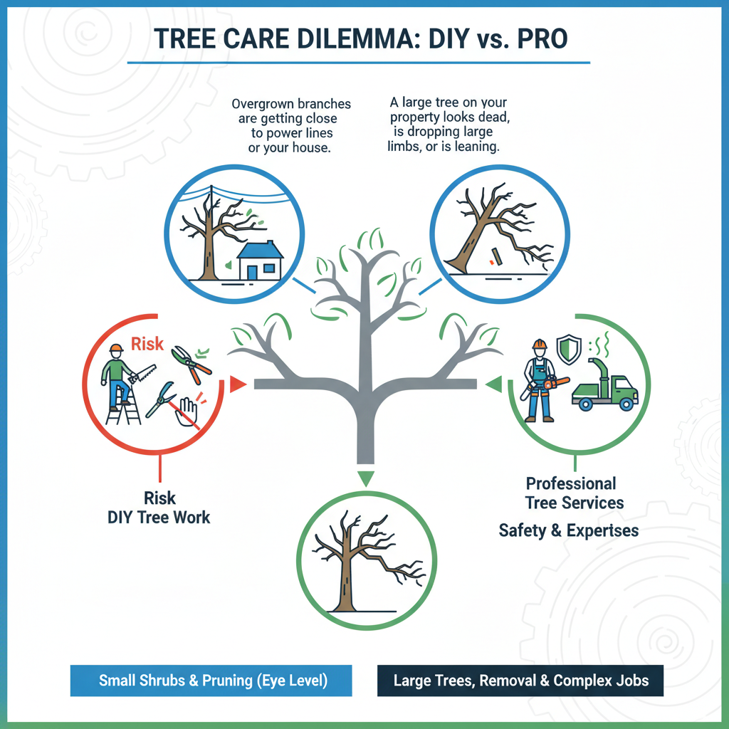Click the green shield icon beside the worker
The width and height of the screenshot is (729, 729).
pos(567,349)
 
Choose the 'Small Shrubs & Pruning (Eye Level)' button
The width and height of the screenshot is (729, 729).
pos(211,680)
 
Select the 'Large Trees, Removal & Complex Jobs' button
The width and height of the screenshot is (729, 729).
pos(520,680)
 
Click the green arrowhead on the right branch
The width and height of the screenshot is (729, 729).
pos(491,385)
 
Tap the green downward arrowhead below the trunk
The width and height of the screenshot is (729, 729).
pos(365,478)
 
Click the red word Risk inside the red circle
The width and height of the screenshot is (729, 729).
pos(147,345)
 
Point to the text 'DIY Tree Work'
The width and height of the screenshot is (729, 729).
pos(159,517)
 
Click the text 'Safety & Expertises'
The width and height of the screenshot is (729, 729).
pos(568,530)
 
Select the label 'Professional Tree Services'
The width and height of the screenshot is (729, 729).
pos(574,493)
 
